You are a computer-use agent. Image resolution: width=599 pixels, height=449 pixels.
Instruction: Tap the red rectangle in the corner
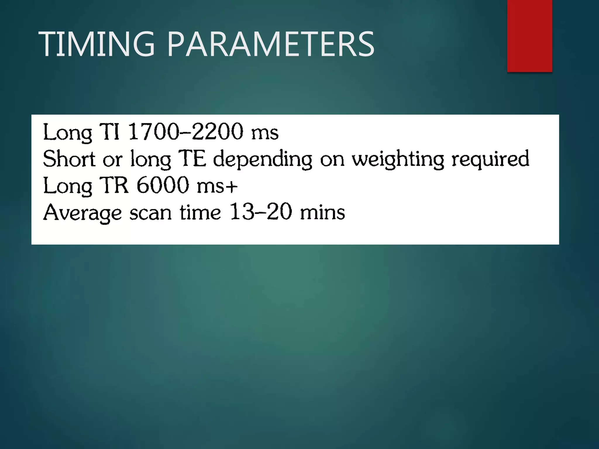click(529, 36)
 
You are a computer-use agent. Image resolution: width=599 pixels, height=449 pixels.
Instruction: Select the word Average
click(82, 213)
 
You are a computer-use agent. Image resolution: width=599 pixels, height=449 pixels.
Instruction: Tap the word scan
click(150, 213)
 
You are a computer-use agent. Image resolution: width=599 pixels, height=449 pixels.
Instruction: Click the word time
click(200, 213)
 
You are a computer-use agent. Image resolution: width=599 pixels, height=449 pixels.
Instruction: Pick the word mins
click(322, 213)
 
